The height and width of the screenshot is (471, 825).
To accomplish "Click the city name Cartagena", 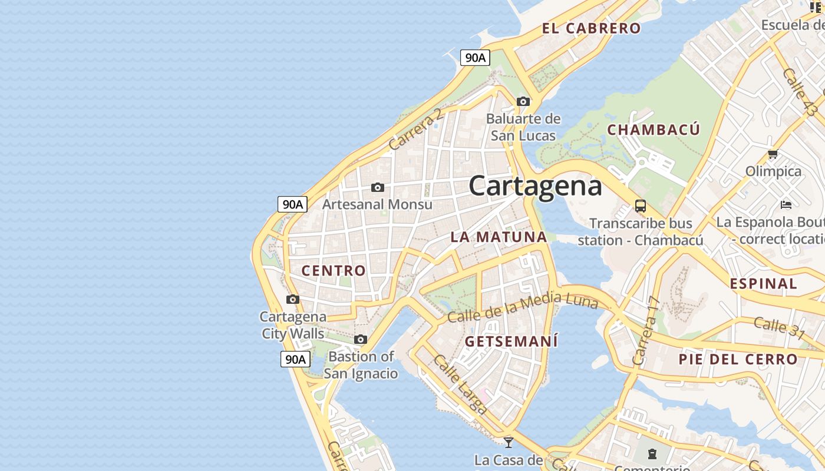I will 536,186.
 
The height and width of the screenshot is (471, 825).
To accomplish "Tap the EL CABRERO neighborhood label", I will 591,28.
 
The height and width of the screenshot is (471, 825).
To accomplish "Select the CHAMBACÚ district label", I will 654,130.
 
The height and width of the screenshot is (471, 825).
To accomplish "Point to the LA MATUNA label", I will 499,237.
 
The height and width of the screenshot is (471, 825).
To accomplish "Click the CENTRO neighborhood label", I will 334,271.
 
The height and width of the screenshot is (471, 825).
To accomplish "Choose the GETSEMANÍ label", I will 511,341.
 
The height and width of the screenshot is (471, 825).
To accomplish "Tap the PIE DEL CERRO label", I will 738,359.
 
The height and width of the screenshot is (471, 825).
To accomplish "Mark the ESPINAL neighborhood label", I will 763,284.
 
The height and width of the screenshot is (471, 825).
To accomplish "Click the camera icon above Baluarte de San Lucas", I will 523,101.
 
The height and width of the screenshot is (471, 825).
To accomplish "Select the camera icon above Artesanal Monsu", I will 377,187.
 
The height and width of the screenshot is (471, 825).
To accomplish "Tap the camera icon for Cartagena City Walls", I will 292,299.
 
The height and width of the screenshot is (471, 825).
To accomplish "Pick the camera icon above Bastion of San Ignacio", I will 361,339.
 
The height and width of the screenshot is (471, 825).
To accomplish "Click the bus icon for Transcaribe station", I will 640,206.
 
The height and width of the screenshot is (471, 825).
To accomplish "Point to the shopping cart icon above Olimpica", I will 773,154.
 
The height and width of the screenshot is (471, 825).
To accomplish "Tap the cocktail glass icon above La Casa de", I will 509,442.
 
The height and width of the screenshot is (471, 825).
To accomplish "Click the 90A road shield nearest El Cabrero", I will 475,58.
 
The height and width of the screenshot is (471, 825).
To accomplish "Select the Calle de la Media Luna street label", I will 523,309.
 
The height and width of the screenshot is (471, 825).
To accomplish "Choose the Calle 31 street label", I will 779,327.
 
